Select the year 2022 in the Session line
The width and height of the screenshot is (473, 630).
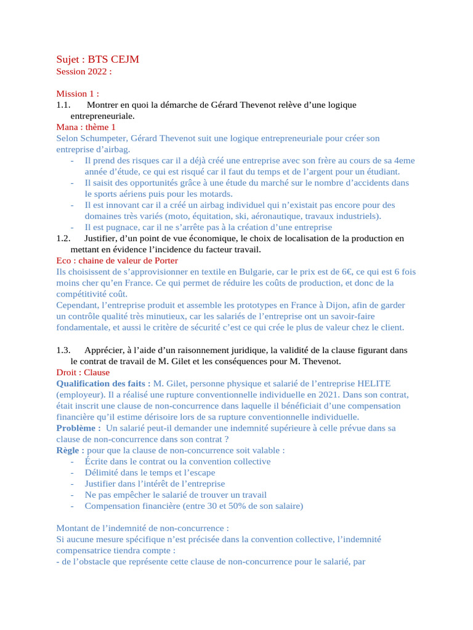click(98, 71)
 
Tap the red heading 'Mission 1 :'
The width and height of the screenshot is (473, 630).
click(78, 94)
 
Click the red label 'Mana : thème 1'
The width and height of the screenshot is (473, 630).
click(86, 127)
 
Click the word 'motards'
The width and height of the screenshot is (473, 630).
click(214, 193)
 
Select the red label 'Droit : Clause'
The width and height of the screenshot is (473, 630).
click(83, 372)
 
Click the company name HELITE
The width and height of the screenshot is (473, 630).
click(370, 383)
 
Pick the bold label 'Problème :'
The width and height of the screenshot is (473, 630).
click(78, 428)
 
